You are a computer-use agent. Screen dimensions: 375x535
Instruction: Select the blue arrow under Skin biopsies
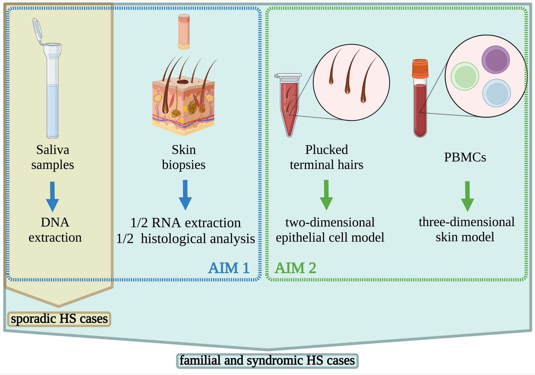point(185,195)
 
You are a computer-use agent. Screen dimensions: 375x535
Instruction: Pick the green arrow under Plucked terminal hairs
point(326,195)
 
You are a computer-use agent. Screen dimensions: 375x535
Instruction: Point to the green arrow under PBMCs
point(467,196)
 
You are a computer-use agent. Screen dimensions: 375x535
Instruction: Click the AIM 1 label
point(229,268)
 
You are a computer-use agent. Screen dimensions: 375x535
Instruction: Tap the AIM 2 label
point(295,268)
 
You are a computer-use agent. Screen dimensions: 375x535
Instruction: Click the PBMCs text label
point(465,157)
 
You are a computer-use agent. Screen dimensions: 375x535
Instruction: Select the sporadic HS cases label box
point(59,319)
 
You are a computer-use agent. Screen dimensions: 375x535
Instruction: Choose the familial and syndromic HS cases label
point(267,361)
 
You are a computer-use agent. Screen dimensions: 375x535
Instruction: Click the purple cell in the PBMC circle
point(496,60)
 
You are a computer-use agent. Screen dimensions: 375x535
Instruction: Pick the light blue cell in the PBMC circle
point(497,93)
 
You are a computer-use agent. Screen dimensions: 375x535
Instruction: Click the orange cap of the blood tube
point(420,69)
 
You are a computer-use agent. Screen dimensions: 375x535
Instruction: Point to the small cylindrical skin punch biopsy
point(184,31)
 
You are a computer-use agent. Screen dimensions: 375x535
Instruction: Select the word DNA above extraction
point(55,222)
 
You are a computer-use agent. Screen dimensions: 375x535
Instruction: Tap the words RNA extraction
point(196,223)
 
